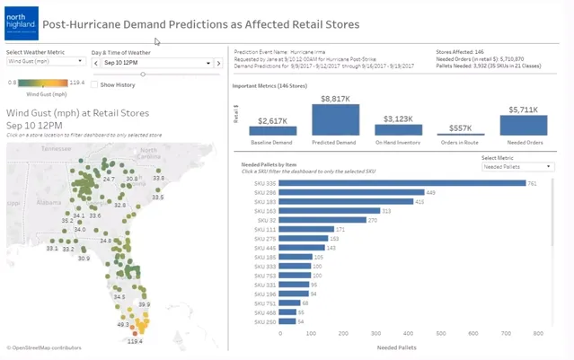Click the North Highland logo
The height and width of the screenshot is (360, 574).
21,24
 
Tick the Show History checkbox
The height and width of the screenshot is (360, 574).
95,84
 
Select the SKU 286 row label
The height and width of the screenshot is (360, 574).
265,192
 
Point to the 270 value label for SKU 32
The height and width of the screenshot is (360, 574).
373,220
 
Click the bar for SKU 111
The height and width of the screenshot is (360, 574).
306,229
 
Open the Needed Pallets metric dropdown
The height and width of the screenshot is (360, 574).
517,167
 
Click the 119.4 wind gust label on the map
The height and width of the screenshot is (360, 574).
135,342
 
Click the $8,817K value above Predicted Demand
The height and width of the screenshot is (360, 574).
335,98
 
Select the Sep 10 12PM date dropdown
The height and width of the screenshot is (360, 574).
156,64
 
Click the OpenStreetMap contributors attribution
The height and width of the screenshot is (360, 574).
45,347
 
